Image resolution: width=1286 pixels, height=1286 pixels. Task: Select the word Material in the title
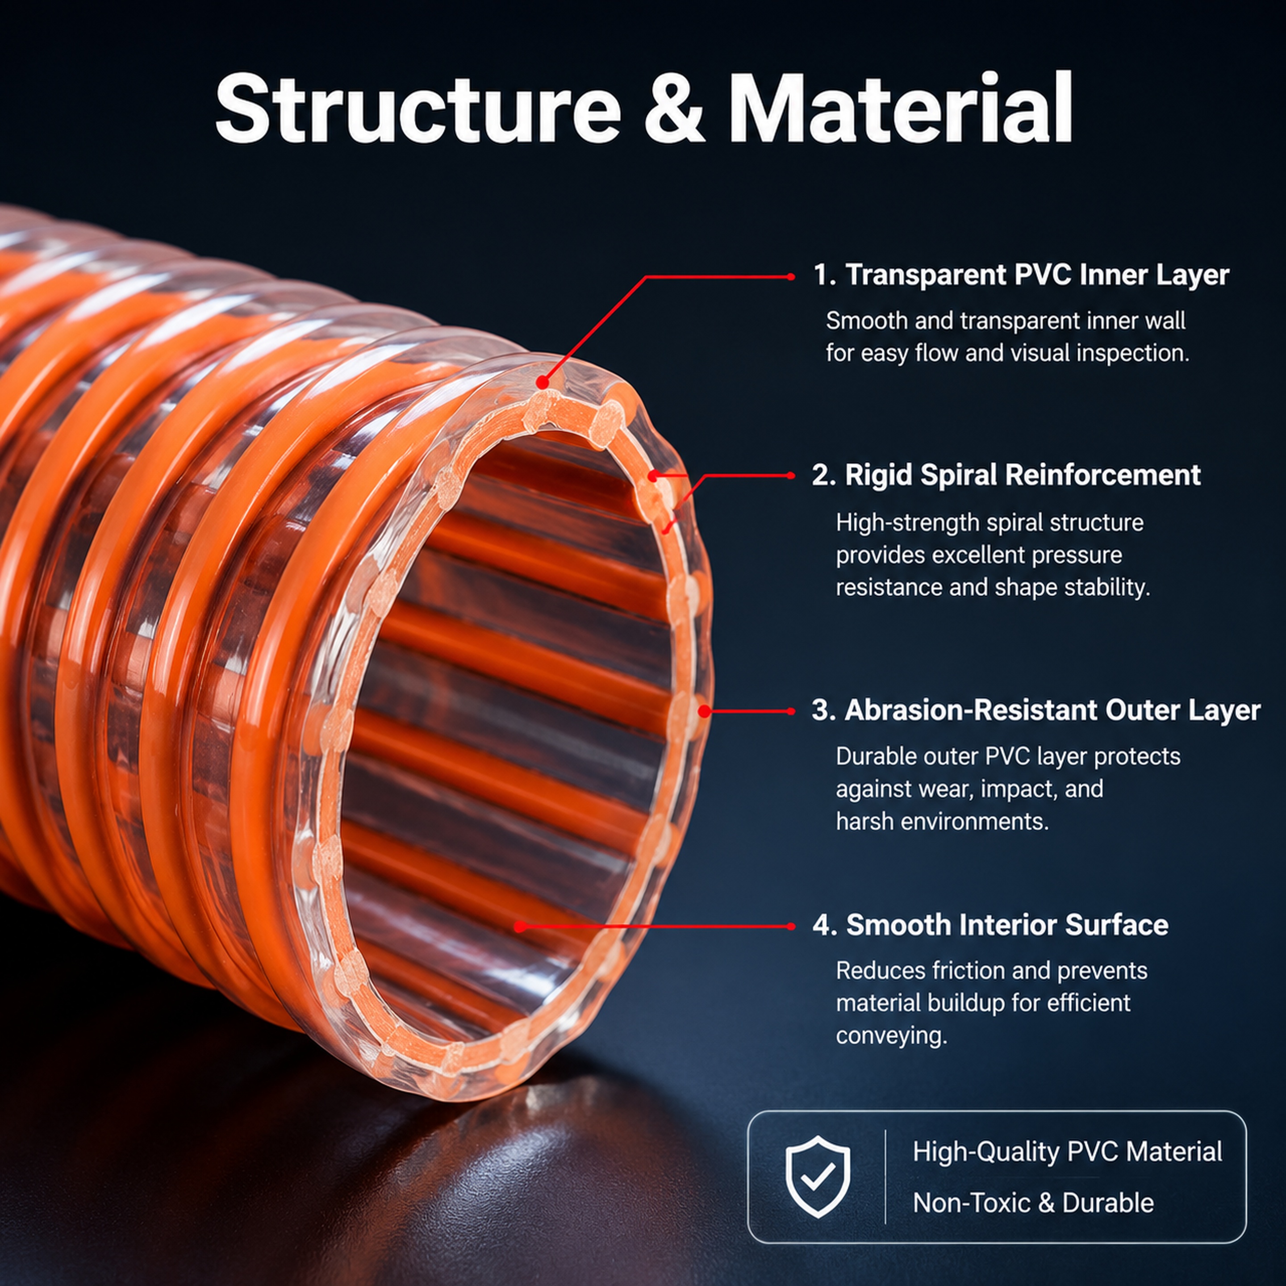[x=900, y=107]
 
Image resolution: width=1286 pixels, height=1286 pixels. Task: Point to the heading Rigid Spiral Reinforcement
[x=1023, y=475]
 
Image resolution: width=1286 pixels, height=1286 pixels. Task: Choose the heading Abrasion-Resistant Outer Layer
[x=1052, y=710]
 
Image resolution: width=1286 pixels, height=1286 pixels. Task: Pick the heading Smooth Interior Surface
[x=1007, y=925]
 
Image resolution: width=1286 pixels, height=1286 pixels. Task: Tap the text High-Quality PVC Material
[x=1067, y=1152]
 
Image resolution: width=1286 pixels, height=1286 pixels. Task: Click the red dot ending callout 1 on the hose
[x=543, y=383]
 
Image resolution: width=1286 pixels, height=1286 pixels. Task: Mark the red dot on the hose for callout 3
[x=704, y=711]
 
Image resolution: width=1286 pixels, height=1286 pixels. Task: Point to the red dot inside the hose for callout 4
[x=520, y=926]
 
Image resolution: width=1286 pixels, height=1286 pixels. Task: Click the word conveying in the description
[x=891, y=1036]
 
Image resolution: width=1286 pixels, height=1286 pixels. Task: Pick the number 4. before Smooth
[x=825, y=925]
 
